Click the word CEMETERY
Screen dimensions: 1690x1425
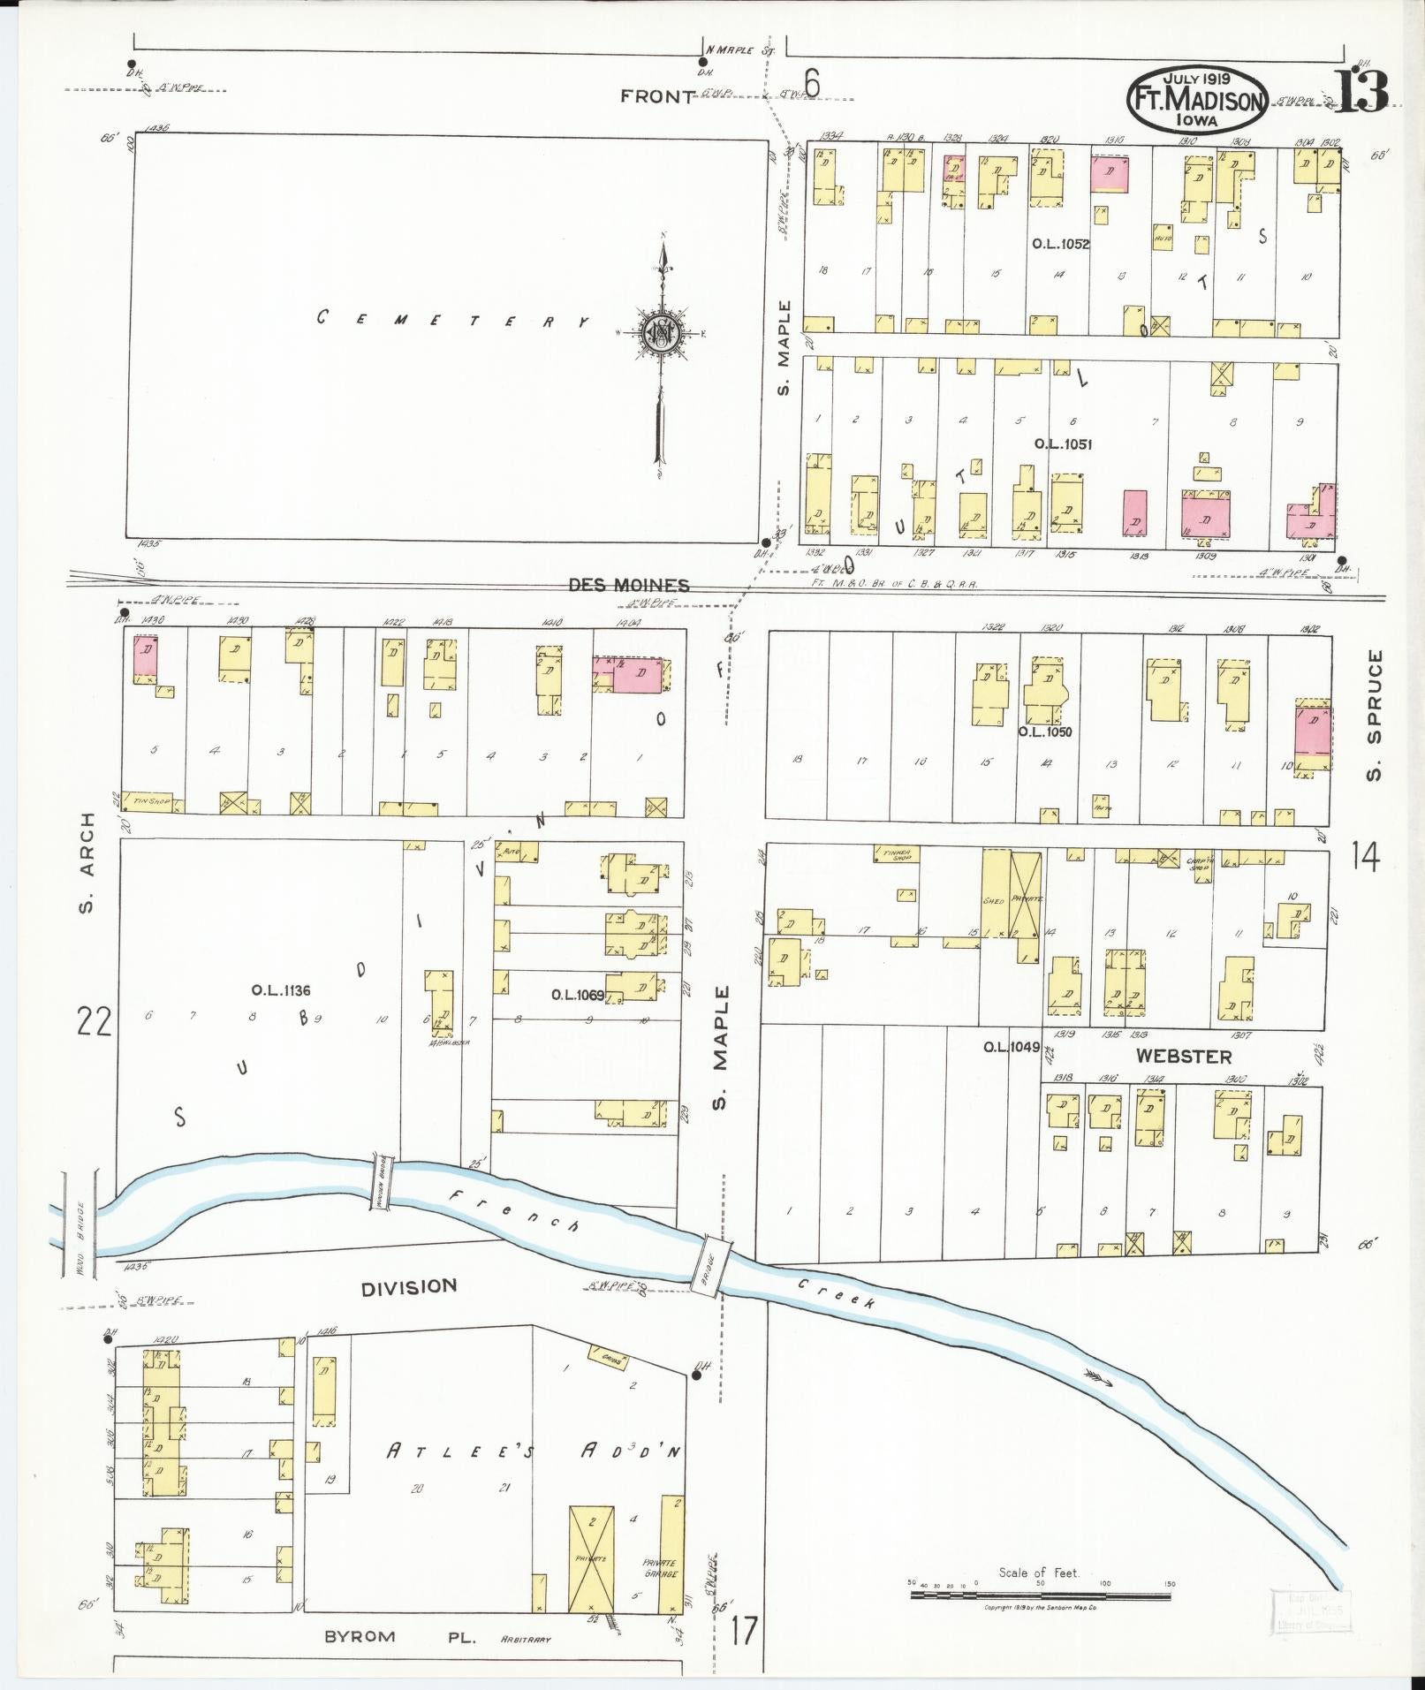pos(452,320)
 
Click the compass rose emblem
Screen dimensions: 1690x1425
pos(662,332)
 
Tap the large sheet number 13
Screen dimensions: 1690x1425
pos(1360,92)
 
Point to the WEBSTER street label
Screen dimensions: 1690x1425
pos(1183,1056)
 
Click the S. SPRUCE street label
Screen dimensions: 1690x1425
pos(1373,716)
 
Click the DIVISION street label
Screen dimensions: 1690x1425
pos(409,1286)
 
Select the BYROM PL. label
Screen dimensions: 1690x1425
pos(401,1636)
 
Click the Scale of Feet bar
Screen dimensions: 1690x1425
pos(1040,1595)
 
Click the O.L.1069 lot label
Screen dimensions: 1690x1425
pos(578,995)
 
